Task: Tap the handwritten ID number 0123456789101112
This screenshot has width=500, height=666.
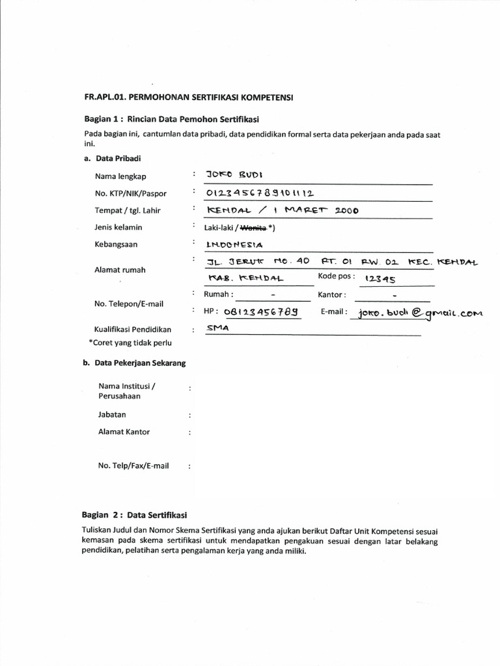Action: [x=260, y=193]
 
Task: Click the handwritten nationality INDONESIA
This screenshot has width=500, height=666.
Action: [x=233, y=245]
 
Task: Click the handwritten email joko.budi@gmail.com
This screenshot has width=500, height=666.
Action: [x=417, y=313]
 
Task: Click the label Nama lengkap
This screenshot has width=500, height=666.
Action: [x=121, y=176]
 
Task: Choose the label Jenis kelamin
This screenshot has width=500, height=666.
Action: [x=118, y=227]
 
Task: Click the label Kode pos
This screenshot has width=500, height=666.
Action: [x=337, y=276]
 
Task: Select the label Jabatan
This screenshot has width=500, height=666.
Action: [x=112, y=414]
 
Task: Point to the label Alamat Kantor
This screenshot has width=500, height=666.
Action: [x=124, y=432]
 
